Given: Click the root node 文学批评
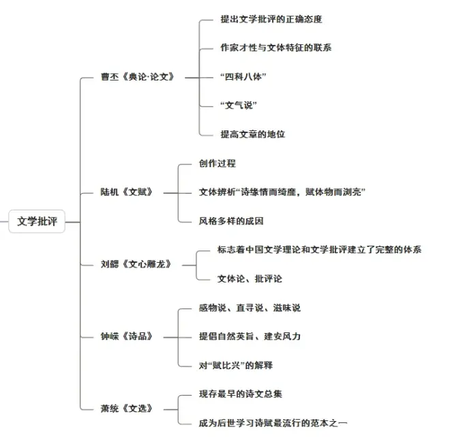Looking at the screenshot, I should (x=37, y=222).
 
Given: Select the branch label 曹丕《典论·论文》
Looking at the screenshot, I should (x=137, y=76).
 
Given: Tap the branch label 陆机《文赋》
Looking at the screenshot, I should (x=126, y=192).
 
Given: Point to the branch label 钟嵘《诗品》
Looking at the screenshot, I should (x=126, y=336).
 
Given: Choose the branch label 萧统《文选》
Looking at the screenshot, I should (x=126, y=408).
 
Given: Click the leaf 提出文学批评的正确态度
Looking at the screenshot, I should (x=271, y=19).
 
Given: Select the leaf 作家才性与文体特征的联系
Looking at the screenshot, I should (x=275, y=48).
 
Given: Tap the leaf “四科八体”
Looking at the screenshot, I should (x=243, y=76).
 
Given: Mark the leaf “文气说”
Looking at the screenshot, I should (x=239, y=105).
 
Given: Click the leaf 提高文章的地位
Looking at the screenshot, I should (x=252, y=134).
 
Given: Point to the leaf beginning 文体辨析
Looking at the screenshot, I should (x=282, y=192).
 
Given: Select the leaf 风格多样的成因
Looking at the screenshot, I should (x=230, y=220).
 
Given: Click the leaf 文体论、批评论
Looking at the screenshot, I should (x=249, y=278).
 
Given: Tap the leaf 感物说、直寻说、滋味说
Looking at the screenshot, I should (x=249, y=308).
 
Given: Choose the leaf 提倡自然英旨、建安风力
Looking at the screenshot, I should (x=249, y=336).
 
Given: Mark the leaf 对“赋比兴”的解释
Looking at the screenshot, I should (x=235, y=365).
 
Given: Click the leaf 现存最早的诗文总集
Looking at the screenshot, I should (x=240, y=394).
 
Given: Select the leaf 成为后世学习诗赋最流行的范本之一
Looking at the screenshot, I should (x=273, y=423).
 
